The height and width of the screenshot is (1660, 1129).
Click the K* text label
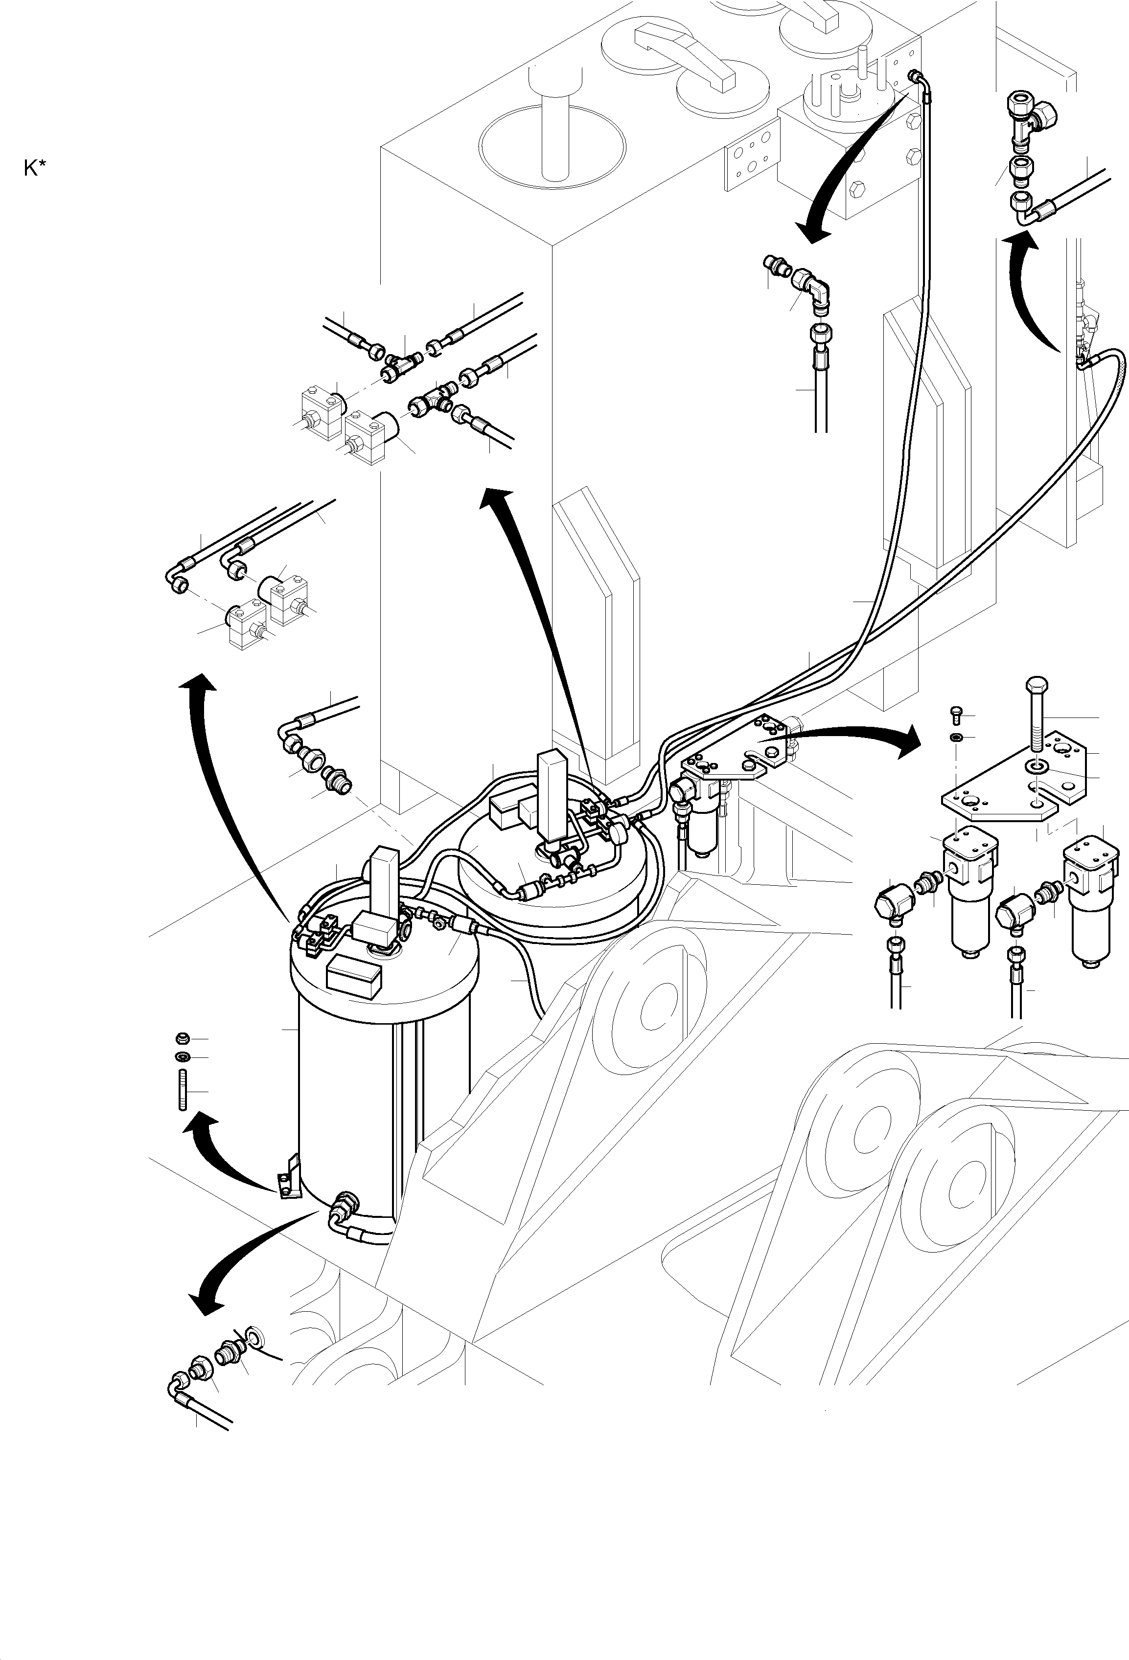pyautogui.click(x=34, y=169)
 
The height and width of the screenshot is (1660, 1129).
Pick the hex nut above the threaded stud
pyautogui.click(x=182, y=1038)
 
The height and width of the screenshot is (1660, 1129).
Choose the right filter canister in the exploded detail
pyautogui.click(x=1090, y=903)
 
